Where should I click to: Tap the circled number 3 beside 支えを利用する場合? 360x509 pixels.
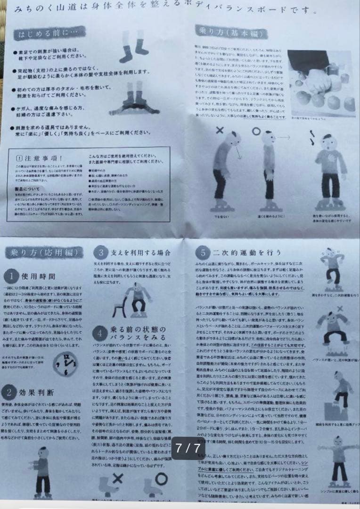click(101, 253)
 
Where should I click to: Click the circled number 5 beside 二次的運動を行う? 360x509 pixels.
click(203, 253)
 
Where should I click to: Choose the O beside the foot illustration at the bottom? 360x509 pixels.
click(161, 479)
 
